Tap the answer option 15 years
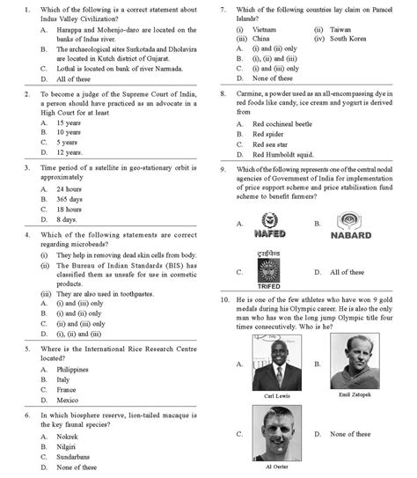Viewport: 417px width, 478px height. click(x=67, y=122)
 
